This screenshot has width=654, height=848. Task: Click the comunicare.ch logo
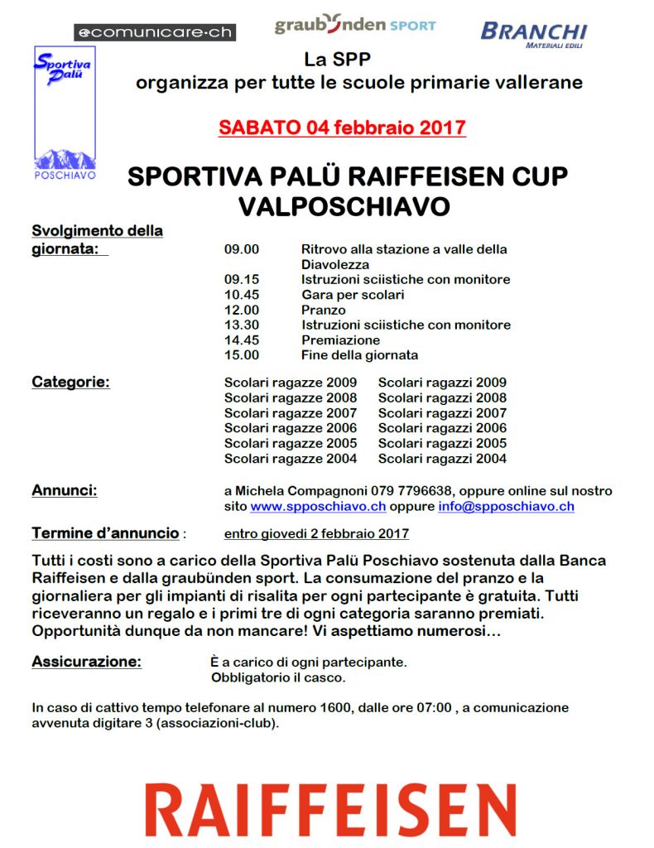point(155,32)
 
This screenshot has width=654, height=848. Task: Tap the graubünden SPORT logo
point(354,25)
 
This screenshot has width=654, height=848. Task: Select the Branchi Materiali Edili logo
point(533,33)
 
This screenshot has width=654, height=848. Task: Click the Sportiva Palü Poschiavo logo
point(64,113)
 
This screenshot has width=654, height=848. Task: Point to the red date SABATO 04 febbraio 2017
point(342,128)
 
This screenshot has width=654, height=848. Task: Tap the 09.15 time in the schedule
point(242,280)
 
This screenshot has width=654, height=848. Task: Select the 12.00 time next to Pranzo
point(242,311)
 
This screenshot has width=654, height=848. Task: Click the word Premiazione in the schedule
point(340,340)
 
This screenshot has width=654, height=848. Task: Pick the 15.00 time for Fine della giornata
point(242,355)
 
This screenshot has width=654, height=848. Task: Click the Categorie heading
point(70,383)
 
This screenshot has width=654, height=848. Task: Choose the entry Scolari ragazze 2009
point(291,383)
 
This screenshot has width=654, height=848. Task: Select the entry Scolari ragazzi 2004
point(442,459)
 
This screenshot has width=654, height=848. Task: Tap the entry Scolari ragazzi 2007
point(442,413)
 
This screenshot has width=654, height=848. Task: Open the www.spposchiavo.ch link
point(318,506)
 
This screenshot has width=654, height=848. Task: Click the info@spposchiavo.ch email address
point(506,506)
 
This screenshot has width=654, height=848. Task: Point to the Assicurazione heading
point(86,662)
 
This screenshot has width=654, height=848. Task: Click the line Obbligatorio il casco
point(278,678)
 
